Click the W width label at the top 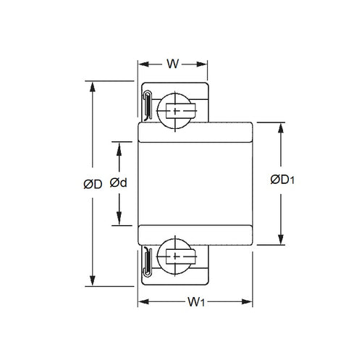(x=172, y=64)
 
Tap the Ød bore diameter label (x=119, y=184)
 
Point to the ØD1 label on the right (x=281, y=181)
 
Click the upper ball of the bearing (x=177, y=109)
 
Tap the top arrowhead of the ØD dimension (x=93, y=86)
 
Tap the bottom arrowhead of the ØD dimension (x=93, y=282)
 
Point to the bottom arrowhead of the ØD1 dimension (x=281, y=242)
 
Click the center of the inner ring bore (x=195, y=184)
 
